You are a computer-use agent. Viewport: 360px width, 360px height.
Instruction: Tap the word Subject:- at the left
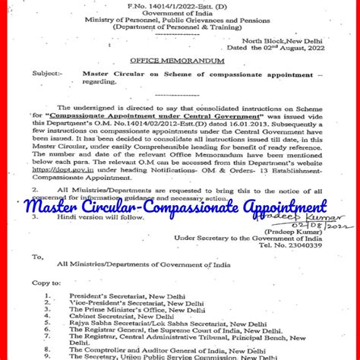(46, 74)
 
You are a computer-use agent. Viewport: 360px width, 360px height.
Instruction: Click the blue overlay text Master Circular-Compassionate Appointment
(176, 206)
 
